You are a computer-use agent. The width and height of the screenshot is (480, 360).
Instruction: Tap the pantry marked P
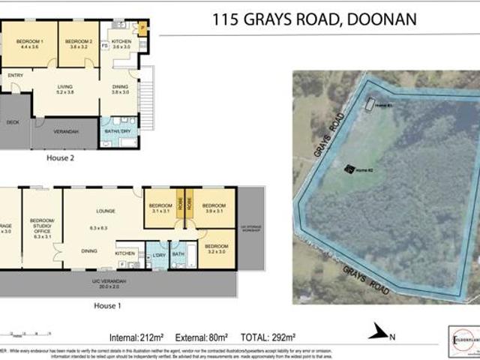pyautogui.click(x=142, y=30)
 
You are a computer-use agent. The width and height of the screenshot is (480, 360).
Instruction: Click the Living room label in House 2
pyautogui.click(x=65, y=90)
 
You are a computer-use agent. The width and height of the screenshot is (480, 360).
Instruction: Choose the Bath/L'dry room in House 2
pyautogui.click(x=119, y=132)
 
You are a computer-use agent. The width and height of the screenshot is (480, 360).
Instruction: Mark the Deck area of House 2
pyautogui.click(x=13, y=122)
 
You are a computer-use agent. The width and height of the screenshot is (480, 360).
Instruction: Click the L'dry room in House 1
pyautogui.click(x=158, y=255)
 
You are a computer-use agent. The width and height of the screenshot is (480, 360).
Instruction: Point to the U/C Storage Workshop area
pyautogui.click(x=250, y=229)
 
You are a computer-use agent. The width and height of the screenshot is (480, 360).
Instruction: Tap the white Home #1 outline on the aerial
pyautogui.click(x=369, y=105)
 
